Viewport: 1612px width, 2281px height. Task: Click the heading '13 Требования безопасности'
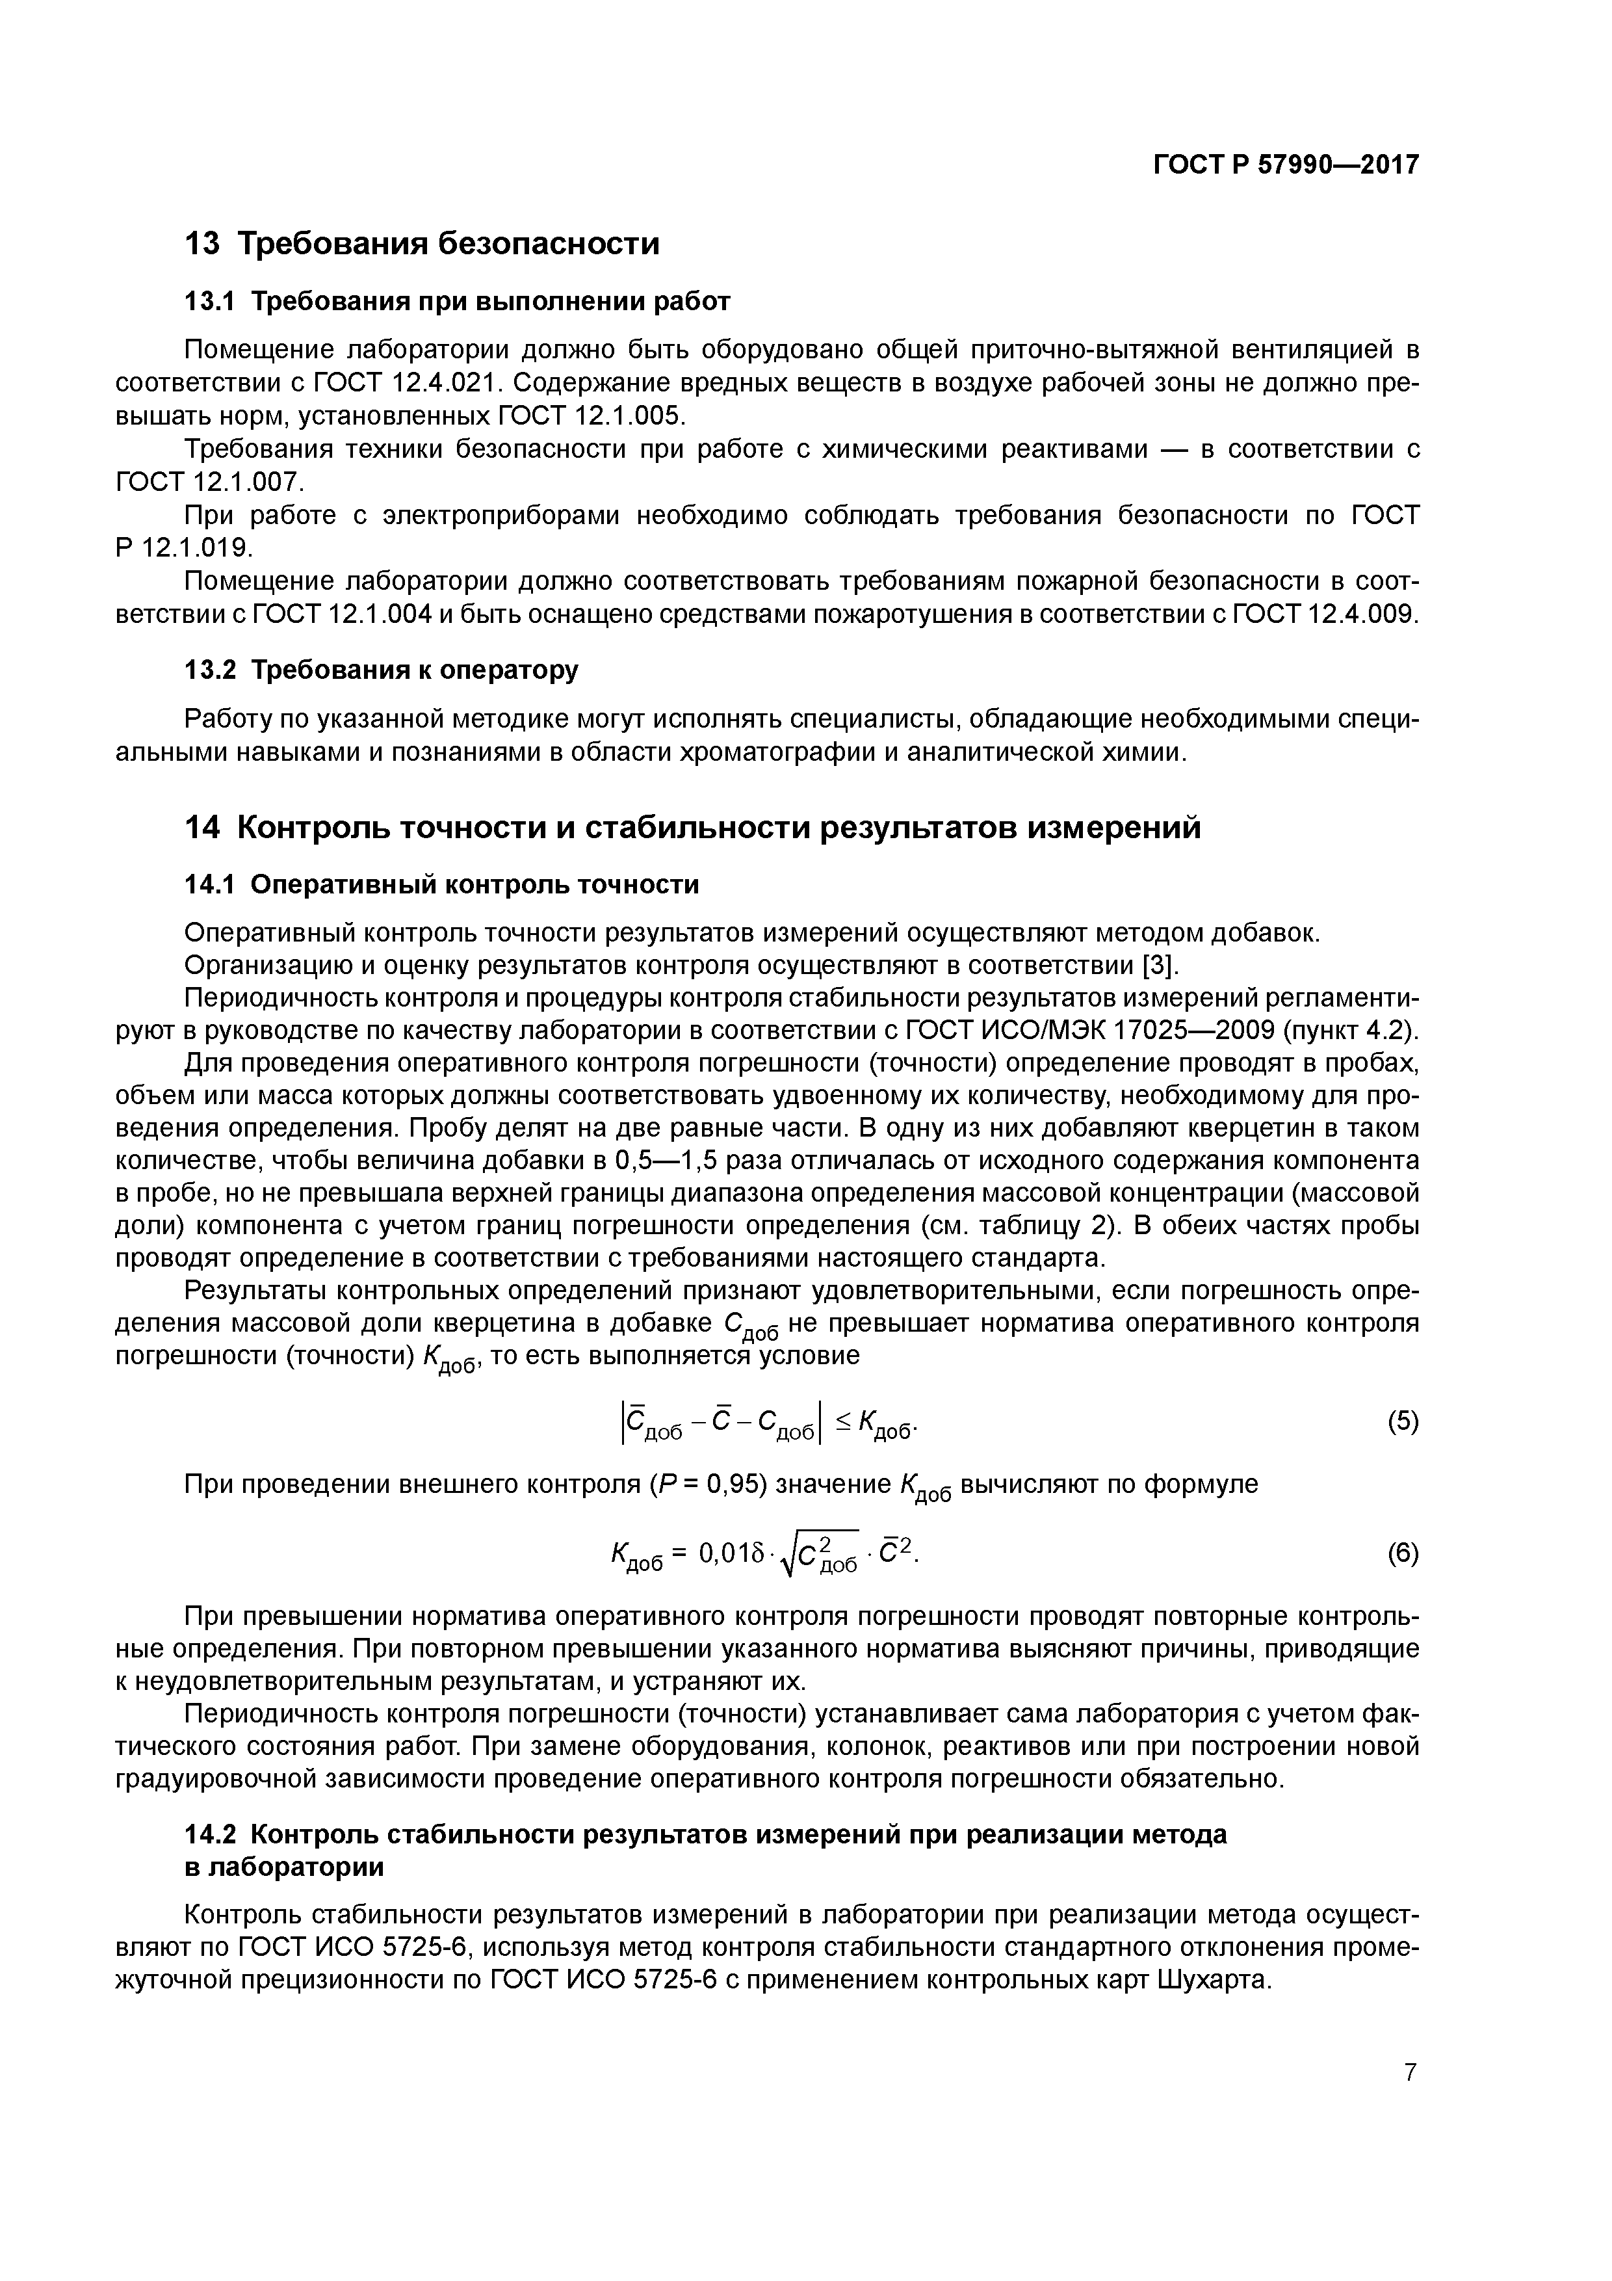422,243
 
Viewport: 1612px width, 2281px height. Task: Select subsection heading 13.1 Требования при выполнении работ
458,301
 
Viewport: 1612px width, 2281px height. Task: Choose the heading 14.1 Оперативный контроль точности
442,884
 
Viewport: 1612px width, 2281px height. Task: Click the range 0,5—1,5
675,1161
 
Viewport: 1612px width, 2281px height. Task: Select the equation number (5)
1403,1423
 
